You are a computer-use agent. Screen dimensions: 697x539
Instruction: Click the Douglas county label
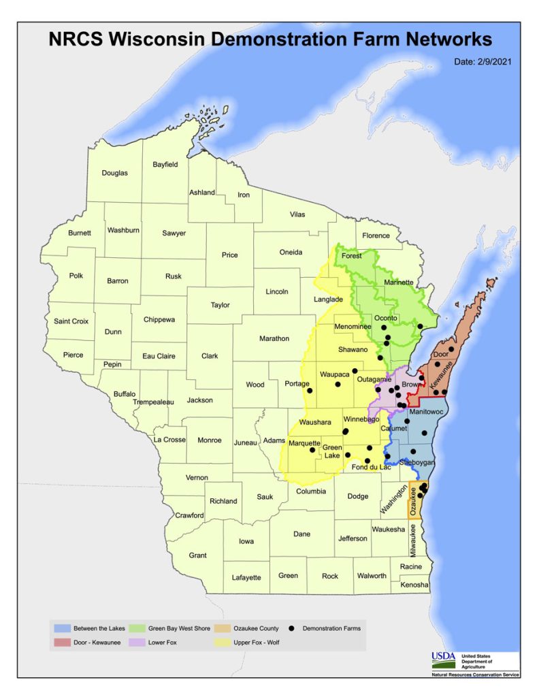tap(114, 173)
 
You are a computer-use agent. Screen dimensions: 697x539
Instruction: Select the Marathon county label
tap(274, 338)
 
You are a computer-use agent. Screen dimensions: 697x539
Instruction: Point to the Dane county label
tap(301, 534)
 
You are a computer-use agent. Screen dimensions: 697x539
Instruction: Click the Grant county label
tap(197, 555)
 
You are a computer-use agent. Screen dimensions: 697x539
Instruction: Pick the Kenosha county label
tap(414, 585)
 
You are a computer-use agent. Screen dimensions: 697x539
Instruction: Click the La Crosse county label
tap(169, 440)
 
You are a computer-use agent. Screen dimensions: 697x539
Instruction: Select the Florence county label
tap(376, 236)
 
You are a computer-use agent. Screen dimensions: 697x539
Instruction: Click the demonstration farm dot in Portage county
tap(310, 391)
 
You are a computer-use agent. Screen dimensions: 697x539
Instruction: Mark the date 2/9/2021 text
tap(483, 62)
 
